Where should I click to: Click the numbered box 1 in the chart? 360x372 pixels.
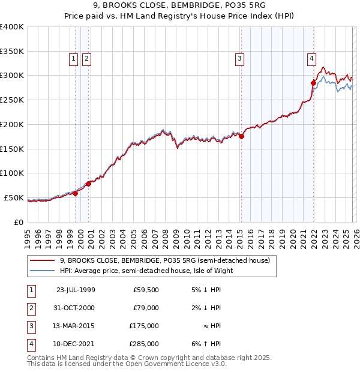click(73, 58)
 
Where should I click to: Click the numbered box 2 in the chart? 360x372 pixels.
click(86, 58)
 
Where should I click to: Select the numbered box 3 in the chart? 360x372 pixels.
click(239, 58)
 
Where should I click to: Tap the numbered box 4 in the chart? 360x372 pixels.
click(312, 58)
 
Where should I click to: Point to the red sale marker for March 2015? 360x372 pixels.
click(241, 137)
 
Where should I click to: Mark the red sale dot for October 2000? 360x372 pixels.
click(89, 184)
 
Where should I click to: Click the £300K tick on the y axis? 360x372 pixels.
click(12, 76)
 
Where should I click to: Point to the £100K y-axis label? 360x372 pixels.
click(12, 173)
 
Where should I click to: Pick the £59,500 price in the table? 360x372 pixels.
click(146, 290)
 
